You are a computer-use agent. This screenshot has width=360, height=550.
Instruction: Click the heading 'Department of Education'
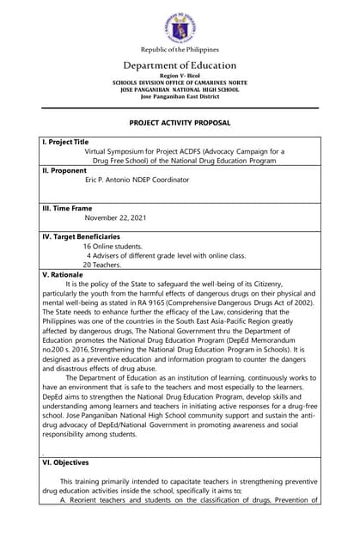point(180,65)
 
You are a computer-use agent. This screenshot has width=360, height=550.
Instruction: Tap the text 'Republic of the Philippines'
point(180,50)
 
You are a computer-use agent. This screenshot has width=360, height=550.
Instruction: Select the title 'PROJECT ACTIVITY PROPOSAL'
point(180,124)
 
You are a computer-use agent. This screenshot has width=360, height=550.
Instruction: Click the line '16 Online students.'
point(113,246)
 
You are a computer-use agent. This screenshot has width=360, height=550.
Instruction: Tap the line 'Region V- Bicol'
point(180,76)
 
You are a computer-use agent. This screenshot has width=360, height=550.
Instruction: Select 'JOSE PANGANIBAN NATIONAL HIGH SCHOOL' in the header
point(180,89)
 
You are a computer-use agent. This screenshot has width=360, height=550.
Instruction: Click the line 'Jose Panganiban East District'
point(180,96)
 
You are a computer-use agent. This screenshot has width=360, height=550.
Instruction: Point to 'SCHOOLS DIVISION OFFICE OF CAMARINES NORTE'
point(180,82)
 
